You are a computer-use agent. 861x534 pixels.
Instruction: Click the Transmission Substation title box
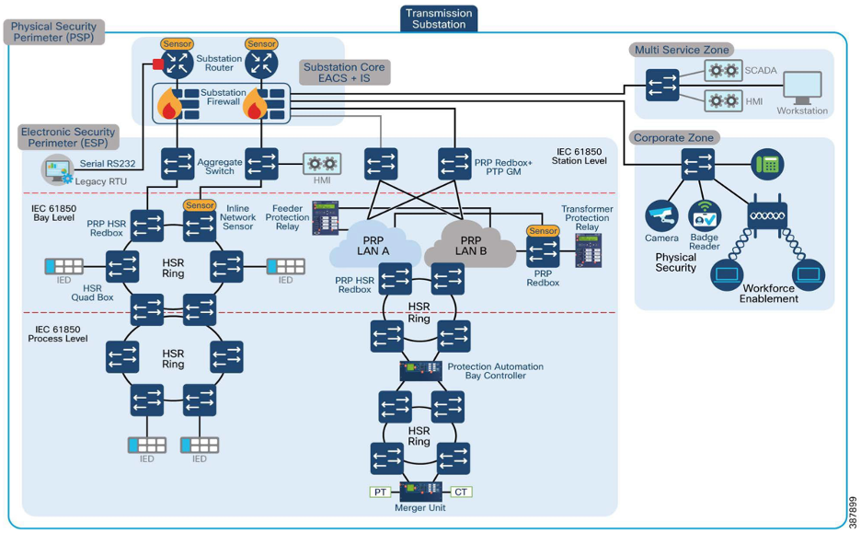click(x=439, y=18)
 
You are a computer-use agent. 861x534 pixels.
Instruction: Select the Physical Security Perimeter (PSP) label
click(x=53, y=32)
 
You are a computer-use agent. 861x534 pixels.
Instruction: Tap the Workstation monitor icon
click(x=801, y=88)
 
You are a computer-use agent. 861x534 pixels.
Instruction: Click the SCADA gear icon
click(x=723, y=71)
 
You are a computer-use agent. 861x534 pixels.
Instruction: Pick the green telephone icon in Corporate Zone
click(x=766, y=165)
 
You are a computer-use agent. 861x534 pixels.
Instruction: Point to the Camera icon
click(x=661, y=215)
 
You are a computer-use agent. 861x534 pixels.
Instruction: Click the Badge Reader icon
click(x=705, y=215)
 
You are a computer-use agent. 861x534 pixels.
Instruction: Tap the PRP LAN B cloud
click(x=471, y=241)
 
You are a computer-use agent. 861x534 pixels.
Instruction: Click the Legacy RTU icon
click(x=58, y=171)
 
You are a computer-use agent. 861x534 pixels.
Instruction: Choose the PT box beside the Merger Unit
click(x=381, y=492)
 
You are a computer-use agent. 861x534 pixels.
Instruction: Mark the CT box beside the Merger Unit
click(x=461, y=492)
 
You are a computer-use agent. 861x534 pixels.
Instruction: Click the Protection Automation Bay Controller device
click(x=421, y=371)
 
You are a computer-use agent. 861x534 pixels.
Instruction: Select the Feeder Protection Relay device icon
click(x=326, y=218)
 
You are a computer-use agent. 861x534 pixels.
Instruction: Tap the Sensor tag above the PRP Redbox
click(x=543, y=231)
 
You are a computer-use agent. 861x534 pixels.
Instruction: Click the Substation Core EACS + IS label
click(x=344, y=73)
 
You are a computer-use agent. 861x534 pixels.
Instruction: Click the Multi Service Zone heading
click(x=682, y=50)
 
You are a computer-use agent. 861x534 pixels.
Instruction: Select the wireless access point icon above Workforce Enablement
click(x=767, y=215)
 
